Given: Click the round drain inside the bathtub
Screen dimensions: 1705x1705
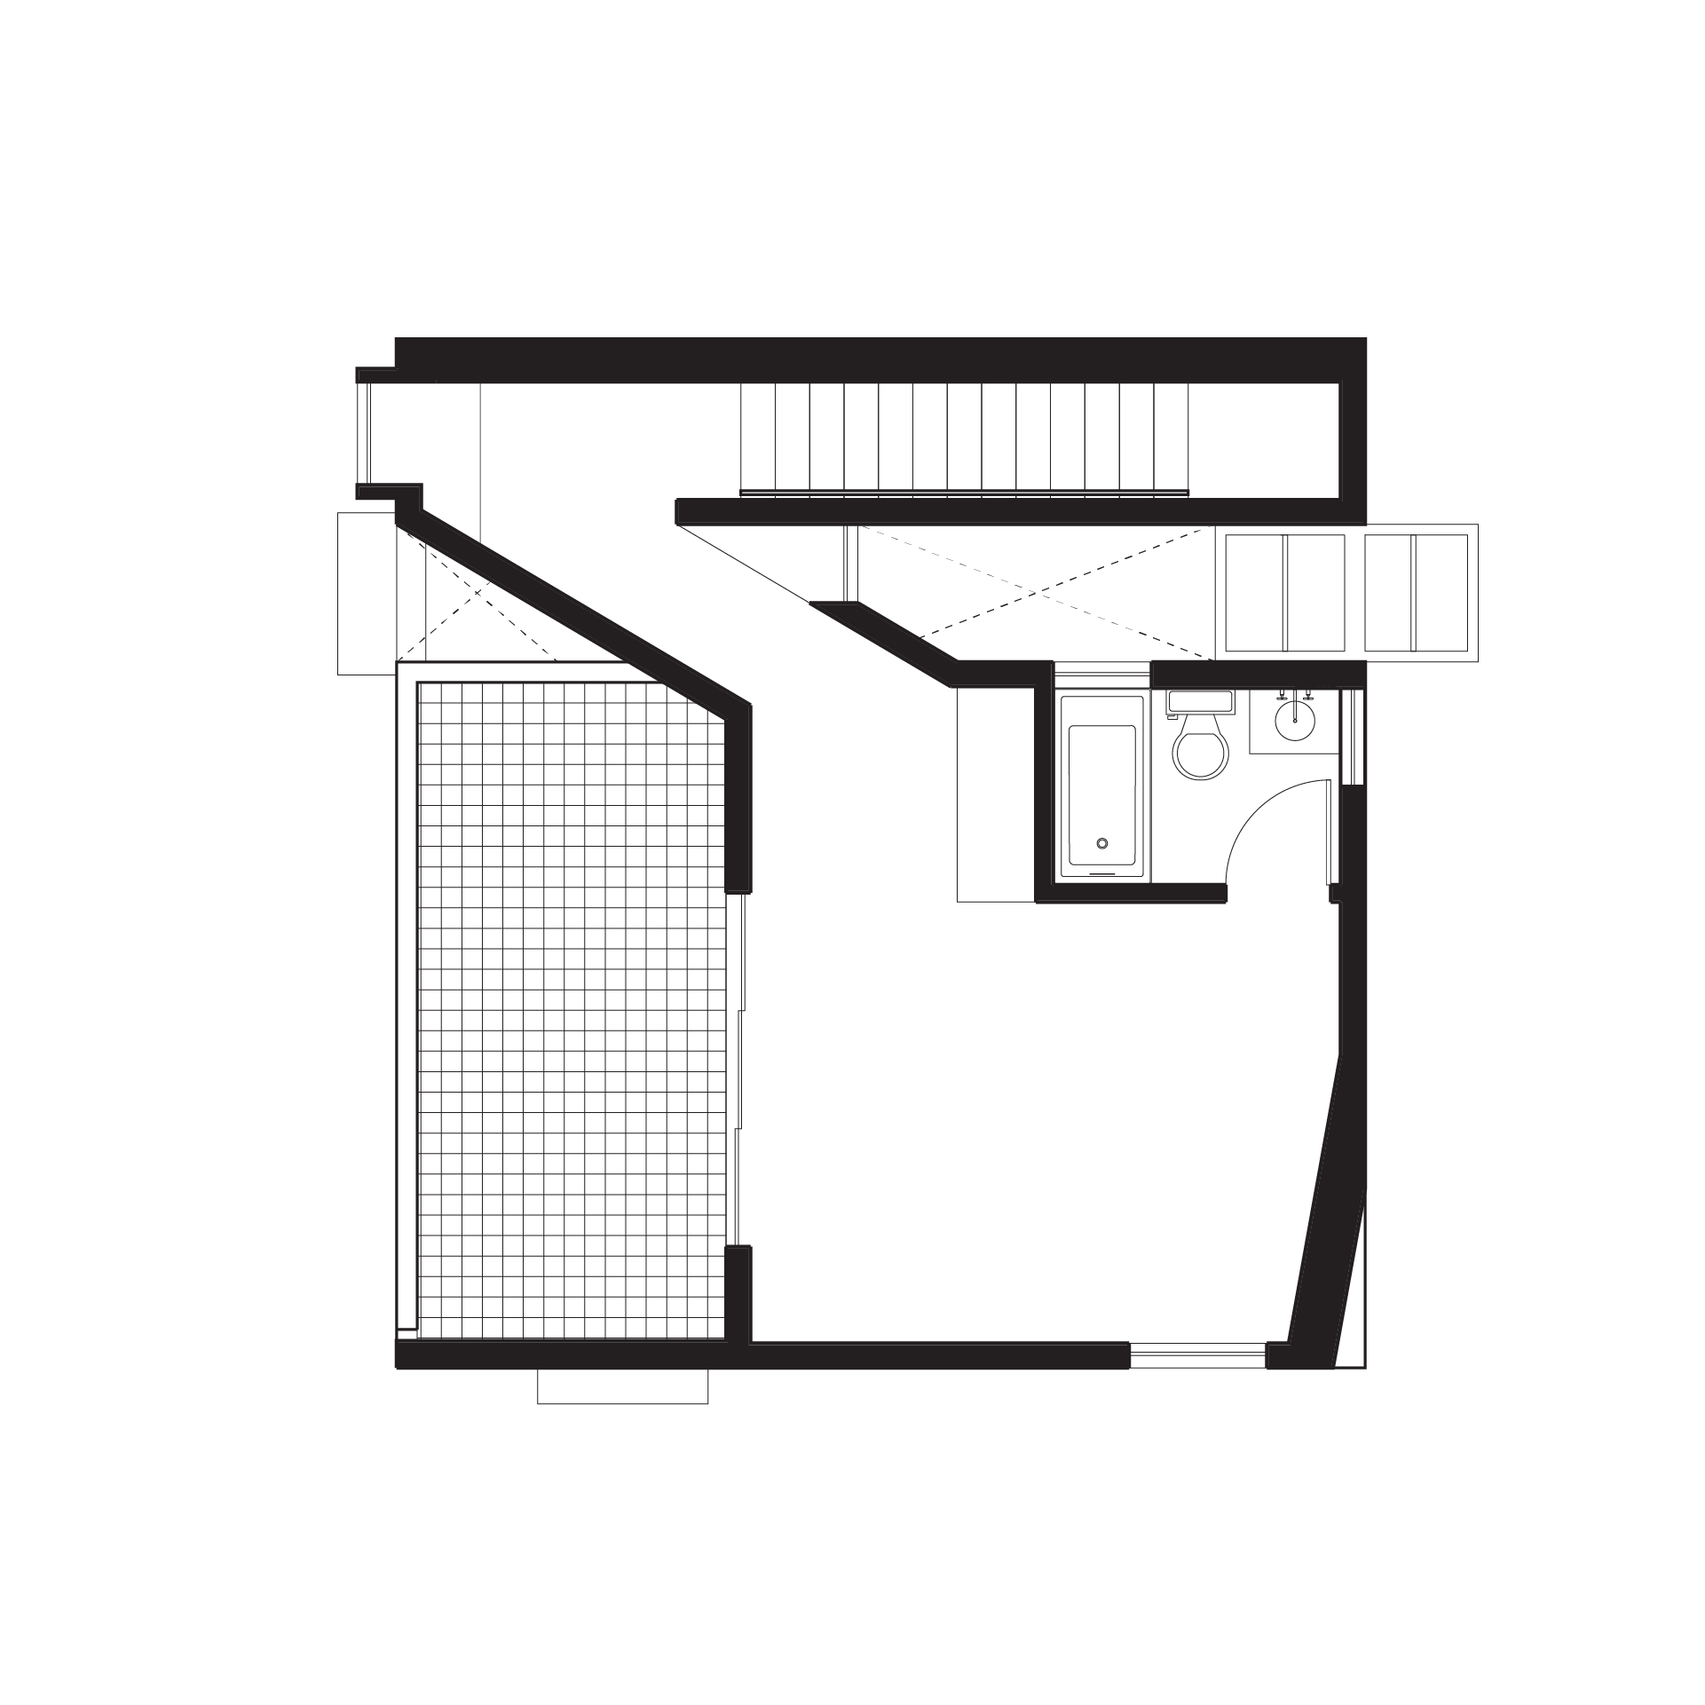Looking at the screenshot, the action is coord(1102,843).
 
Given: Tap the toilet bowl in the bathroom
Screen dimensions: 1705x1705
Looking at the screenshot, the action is coord(1201,754).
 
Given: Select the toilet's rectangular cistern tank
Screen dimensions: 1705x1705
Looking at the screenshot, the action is coord(1200,700).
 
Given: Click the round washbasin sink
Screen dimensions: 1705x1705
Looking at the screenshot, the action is coord(1295,720).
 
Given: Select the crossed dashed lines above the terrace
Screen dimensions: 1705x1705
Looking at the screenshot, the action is coord(479,590).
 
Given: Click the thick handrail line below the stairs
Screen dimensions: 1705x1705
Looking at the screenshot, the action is coord(964,492).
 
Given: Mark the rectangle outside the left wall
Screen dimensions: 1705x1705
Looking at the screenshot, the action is coord(365,592).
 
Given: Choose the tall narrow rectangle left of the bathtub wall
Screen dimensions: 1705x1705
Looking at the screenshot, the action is coord(996,794).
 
